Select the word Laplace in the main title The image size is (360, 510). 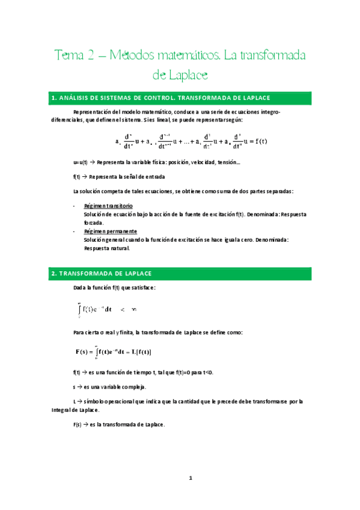coord(189,75)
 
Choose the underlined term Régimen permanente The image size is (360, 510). coord(111,231)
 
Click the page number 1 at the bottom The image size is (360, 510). coord(190,478)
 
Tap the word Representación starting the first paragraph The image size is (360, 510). coord(93,112)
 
